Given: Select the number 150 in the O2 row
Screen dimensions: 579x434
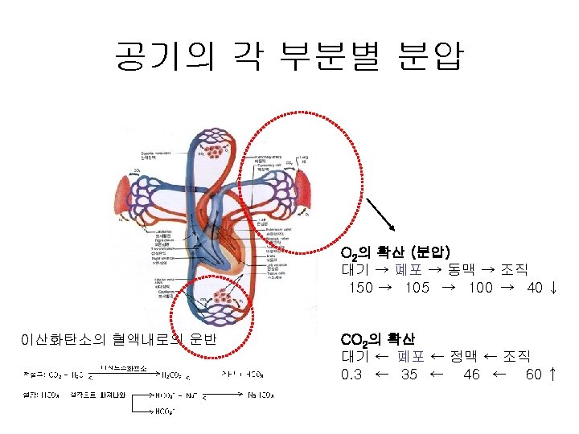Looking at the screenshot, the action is pos(360,288).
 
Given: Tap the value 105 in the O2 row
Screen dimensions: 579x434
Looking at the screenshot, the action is pos(417,288).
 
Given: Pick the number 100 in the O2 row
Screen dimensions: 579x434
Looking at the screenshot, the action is pos(479,288).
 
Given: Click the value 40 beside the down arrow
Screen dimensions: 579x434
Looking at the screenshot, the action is pos(534,288).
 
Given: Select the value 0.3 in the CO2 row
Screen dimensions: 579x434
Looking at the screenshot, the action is pos(351,374).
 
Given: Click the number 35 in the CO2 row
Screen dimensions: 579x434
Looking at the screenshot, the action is pos(409,374).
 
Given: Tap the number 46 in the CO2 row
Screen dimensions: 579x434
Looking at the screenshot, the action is pos(471,374).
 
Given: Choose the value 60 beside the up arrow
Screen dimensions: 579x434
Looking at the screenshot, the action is pos(533,374).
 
